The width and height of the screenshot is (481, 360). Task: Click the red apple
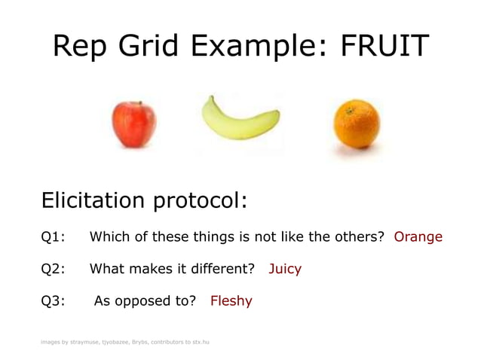click(133, 124)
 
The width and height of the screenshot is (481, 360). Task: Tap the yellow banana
click(239, 118)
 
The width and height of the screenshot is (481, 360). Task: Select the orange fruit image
click(356, 126)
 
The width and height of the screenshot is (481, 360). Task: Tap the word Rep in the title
click(80, 48)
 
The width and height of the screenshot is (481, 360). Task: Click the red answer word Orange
click(418, 236)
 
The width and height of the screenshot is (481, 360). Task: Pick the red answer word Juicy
click(285, 269)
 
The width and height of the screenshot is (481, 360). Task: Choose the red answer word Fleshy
click(231, 301)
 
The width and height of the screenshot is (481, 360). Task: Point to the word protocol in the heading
click(200, 203)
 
